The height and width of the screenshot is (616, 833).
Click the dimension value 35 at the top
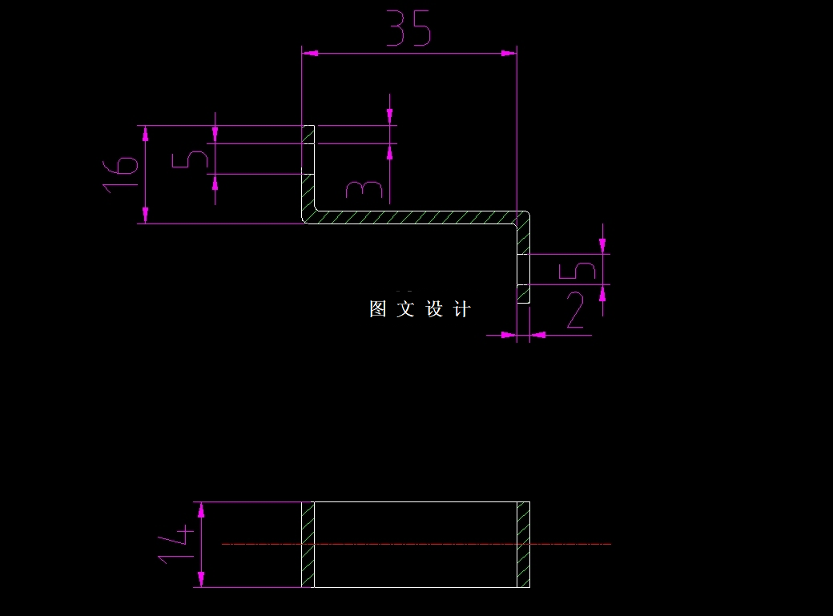(409, 29)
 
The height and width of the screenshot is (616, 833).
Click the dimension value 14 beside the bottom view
(176, 544)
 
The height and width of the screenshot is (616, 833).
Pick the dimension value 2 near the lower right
(574, 312)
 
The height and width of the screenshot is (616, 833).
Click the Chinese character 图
(378, 309)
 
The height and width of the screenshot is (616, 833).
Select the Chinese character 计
(462, 309)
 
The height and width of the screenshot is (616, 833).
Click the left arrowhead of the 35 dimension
(310, 53)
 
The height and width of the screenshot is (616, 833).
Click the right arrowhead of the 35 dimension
(508, 53)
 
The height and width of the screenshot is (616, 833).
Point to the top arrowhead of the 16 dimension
(146, 133)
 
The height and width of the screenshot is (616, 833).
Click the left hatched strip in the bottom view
(308, 545)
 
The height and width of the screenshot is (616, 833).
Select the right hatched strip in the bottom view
(523, 545)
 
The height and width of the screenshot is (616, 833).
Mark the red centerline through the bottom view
(416, 544)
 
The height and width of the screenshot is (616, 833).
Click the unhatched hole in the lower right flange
(523, 269)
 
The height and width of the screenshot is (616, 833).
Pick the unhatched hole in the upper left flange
(308, 159)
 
